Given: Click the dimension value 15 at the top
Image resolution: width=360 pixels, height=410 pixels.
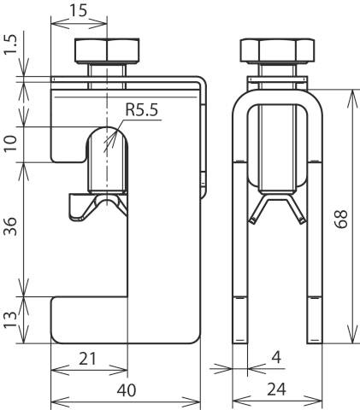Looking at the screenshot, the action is coord(78,10).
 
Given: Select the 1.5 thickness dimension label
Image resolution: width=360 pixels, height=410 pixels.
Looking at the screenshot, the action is coord(11,45).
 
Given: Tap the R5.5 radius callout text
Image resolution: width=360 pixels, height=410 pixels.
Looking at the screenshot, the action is coord(142,109).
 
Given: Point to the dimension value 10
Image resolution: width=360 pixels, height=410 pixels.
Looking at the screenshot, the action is coord(11,143).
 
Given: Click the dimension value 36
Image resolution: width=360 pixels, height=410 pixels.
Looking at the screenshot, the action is coord(11,225).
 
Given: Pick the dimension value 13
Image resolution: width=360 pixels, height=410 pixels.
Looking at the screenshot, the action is coord(11,319).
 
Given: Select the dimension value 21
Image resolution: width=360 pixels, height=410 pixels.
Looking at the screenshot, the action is coord(87,359).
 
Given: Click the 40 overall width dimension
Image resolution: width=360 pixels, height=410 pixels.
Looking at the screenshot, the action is coord(127,390).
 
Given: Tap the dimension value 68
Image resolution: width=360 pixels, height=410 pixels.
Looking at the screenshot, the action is coord(341,219).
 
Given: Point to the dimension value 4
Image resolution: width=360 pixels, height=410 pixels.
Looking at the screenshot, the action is coord(276,357).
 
